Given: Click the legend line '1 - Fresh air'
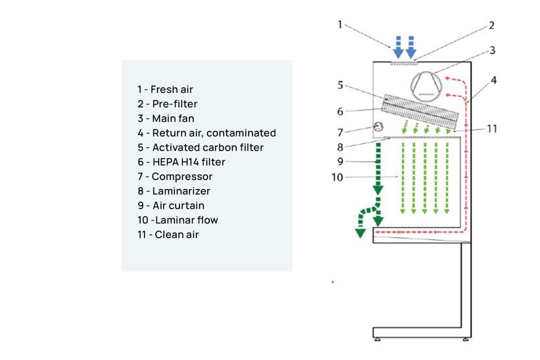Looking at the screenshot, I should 165,89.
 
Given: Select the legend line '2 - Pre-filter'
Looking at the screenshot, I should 167,104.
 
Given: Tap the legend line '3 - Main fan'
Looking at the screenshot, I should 165,119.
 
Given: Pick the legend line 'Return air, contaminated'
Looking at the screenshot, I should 206,133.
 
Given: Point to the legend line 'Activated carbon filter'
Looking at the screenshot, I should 200,147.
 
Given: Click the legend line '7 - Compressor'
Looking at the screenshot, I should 175,177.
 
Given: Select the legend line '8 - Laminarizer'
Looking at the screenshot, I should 174,191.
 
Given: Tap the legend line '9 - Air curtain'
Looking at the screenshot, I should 171,206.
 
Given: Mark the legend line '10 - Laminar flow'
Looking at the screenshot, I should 178,220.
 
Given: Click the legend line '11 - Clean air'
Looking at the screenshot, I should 168,235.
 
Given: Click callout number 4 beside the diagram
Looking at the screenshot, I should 493,80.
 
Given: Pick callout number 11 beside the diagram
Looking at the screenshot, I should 492,129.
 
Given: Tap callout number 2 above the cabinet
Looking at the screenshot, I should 491,25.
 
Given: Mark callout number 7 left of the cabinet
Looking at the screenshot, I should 340,133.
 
